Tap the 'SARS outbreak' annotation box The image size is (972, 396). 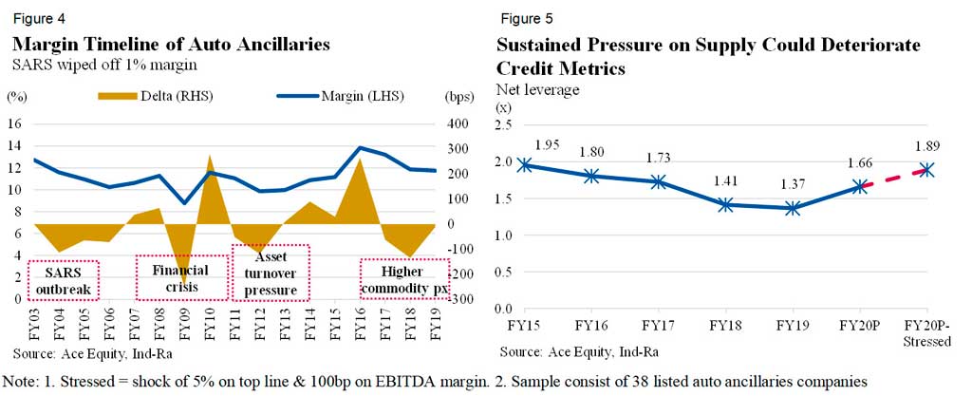point(63,278)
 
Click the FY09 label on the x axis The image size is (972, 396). point(185,319)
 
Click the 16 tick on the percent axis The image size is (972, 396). point(14,124)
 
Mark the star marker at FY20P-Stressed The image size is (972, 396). point(926,170)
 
